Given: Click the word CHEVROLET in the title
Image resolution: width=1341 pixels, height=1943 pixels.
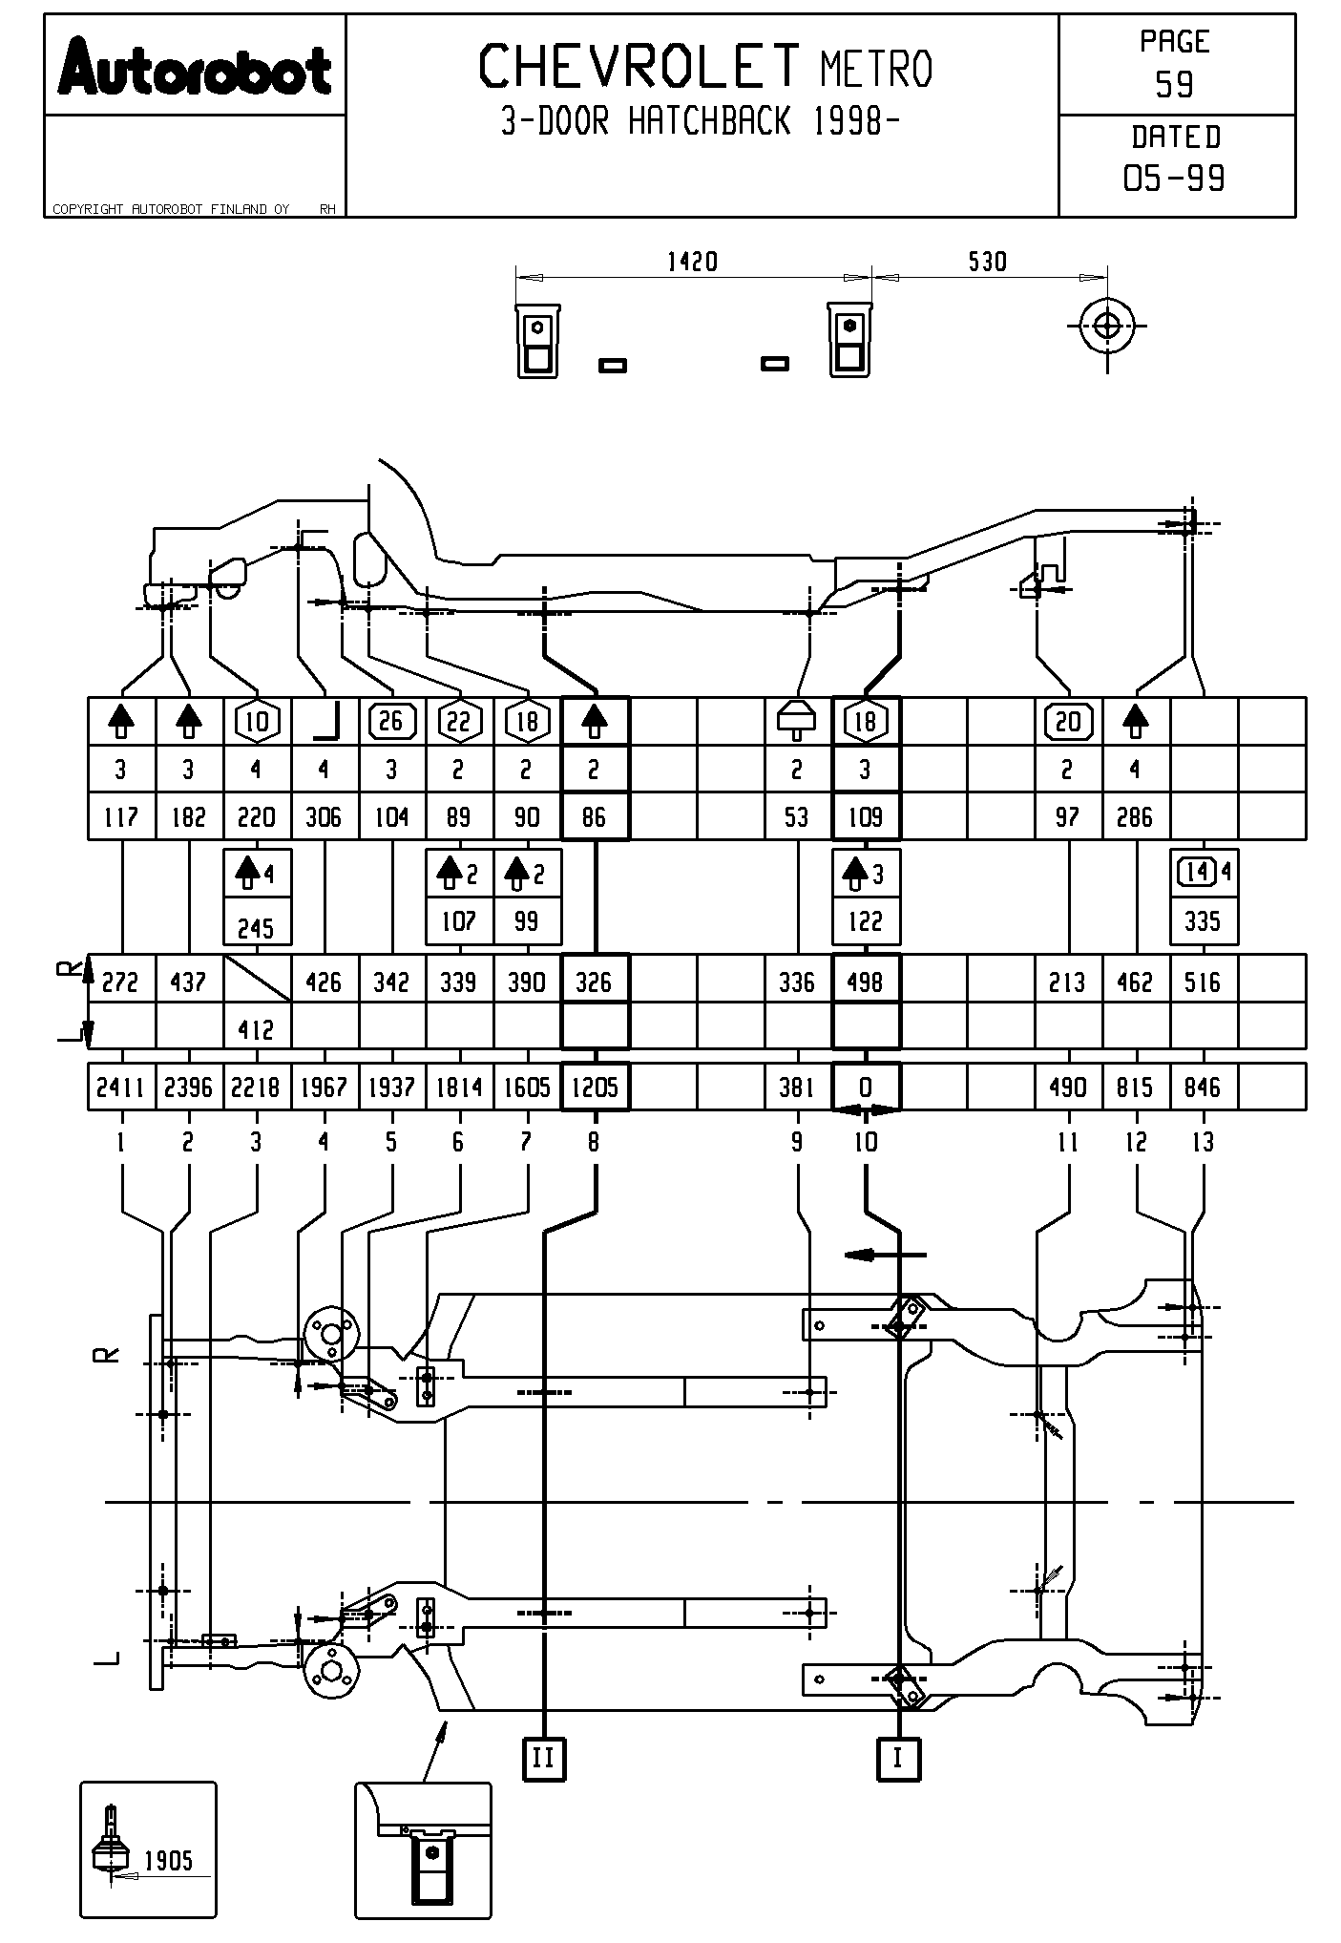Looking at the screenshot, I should (639, 67).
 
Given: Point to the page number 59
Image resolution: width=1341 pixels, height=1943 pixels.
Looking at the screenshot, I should (1174, 86).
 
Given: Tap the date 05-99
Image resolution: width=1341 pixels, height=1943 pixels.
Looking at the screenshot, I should (1174, 179).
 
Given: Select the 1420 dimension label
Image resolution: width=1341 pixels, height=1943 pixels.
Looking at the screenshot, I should (692, 262).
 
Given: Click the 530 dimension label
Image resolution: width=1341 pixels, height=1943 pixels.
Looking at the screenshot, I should (987, 262).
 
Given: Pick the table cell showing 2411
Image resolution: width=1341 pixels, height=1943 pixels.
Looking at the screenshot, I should (120, 1088).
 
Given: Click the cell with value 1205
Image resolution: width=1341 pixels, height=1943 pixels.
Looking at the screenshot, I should (595, 1088).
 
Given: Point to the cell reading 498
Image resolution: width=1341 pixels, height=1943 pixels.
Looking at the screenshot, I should (866, 982).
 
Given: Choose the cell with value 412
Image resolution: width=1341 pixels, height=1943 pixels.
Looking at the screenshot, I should (256, 1029).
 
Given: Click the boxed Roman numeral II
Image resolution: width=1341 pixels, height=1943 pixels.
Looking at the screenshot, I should (543, 1758).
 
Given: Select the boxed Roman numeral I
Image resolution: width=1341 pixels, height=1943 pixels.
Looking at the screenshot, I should (898, 1758).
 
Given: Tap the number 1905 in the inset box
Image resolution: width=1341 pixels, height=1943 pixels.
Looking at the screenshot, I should (168, 1860).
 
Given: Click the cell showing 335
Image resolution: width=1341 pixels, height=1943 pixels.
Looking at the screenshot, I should (1203, 921).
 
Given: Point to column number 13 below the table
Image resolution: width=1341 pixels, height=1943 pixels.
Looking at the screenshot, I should (1204, 1142).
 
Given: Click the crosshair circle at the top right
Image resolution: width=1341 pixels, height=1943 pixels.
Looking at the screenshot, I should (1107, 327).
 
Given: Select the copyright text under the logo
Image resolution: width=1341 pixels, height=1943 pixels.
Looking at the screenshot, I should (172, 209).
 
